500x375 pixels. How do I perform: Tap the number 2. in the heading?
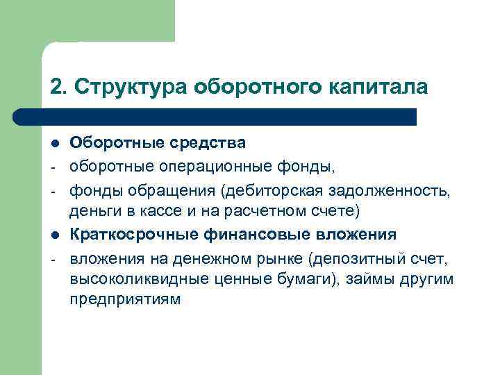(x=58, y=87)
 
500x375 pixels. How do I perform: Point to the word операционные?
(x=205, y=167)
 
